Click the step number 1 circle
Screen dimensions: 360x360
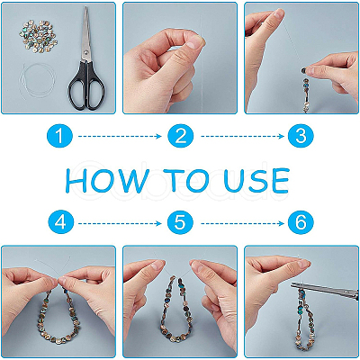pos(60,137)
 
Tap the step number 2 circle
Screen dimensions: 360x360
pos(181,137)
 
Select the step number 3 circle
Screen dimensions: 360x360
pos(301,137)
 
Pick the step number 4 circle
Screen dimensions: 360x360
pos(60,223)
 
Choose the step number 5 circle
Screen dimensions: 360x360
pos(180,223)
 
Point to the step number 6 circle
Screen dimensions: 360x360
pos(301,223)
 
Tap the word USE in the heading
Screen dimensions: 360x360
pos(256,180)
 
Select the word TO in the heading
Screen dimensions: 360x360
pos(186,180)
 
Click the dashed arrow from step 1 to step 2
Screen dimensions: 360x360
pos(120,137)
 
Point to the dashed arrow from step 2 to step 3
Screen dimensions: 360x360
pos(242,137)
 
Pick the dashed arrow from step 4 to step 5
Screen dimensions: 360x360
pos(120,223)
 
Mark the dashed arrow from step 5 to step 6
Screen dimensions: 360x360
pos(242,223)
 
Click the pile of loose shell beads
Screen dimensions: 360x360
pos(39,37)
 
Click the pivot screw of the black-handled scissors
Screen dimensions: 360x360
pos(86,53)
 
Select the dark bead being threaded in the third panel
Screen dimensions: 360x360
pos(304,71)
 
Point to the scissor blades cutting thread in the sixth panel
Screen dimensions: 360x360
pos(324,289)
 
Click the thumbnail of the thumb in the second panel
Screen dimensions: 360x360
pos(195,44)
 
